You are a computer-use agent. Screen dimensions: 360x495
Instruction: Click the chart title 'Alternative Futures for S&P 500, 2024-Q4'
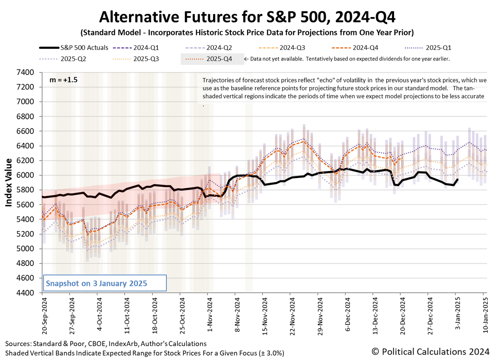click(247, 17)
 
